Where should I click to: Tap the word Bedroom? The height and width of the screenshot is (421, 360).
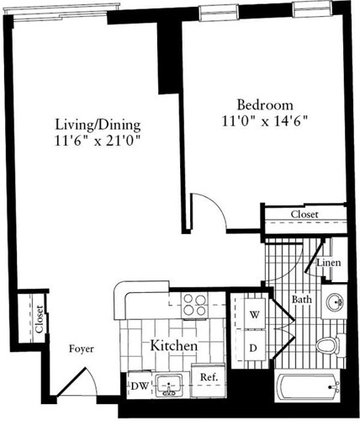[264, 105]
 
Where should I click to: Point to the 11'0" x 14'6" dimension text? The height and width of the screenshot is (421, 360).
[264, 121]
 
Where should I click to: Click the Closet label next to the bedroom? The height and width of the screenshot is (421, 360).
[304, 216]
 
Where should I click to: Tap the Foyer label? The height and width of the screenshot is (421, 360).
[81, 349]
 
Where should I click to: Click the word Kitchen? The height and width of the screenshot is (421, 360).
[174, 346]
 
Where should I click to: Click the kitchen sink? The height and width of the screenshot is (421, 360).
[172, 386]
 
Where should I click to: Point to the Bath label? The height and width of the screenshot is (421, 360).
[302, 299]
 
